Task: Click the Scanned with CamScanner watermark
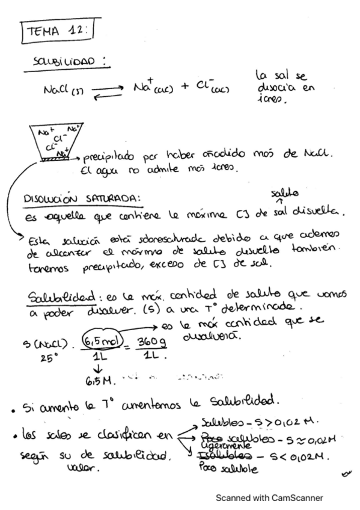269,497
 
